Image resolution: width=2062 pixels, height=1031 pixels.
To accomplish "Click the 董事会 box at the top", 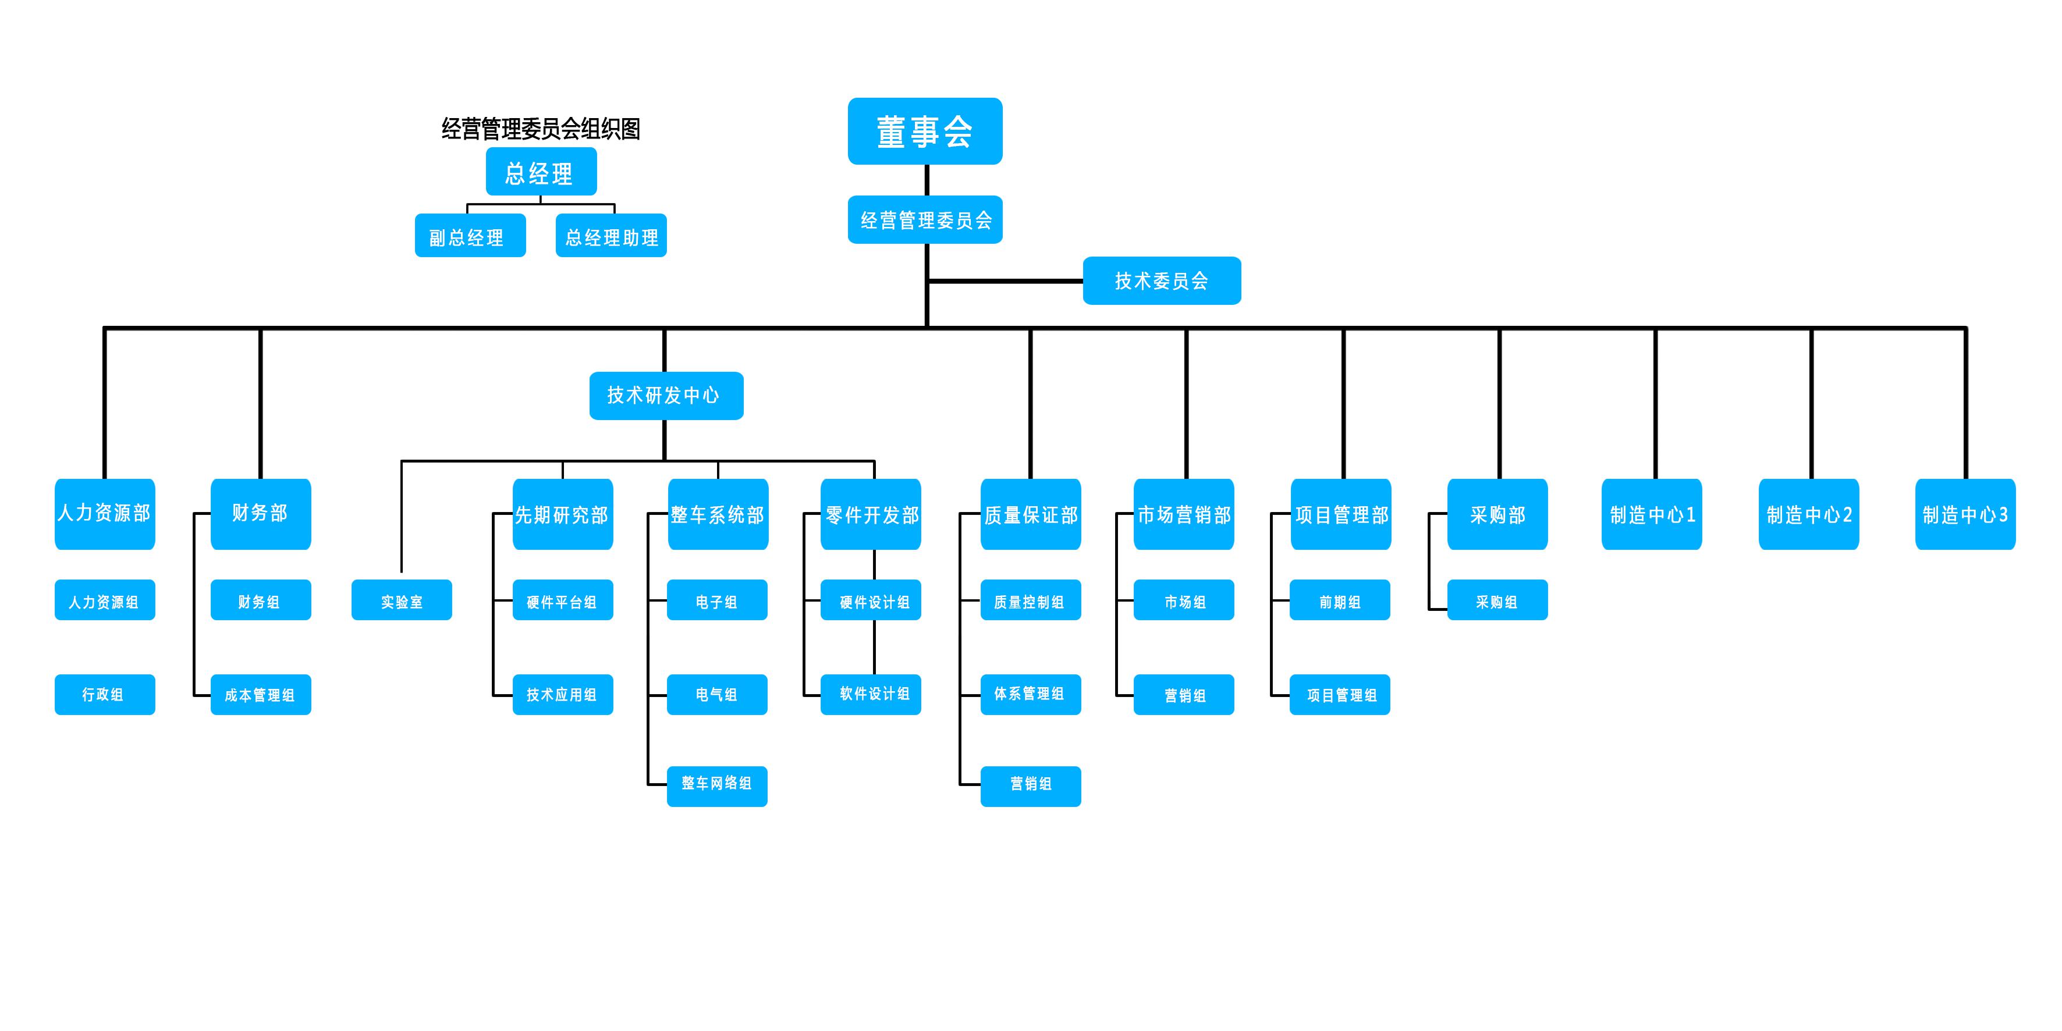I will pos(925,131).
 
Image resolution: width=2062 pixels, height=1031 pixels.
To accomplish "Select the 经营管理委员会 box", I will pos(925,219).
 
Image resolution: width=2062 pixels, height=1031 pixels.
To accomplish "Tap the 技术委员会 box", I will pos(1162,281).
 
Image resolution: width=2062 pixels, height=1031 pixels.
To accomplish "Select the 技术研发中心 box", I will pos(666,396).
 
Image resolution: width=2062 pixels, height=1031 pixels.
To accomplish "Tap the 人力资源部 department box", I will pos(105,514).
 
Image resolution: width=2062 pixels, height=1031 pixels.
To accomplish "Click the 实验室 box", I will pos(401,600).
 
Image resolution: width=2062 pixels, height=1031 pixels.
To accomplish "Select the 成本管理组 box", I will pos(260,694).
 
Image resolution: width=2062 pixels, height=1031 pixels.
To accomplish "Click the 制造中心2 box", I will pos(1808,514).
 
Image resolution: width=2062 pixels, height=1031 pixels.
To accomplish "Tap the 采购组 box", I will pos(1497,600).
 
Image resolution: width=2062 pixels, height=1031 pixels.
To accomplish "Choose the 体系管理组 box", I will pos(1030,694).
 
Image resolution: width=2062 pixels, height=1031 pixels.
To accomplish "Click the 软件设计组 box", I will pos(871,694).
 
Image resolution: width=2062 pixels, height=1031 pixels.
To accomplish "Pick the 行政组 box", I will pos(105,694).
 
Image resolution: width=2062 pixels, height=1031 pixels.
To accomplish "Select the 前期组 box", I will pos(1339,600).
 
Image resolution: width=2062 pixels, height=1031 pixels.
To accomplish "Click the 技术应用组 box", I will pos(563,694).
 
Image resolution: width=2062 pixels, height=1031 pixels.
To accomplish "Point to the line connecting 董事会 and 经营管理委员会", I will pos(926,180).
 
